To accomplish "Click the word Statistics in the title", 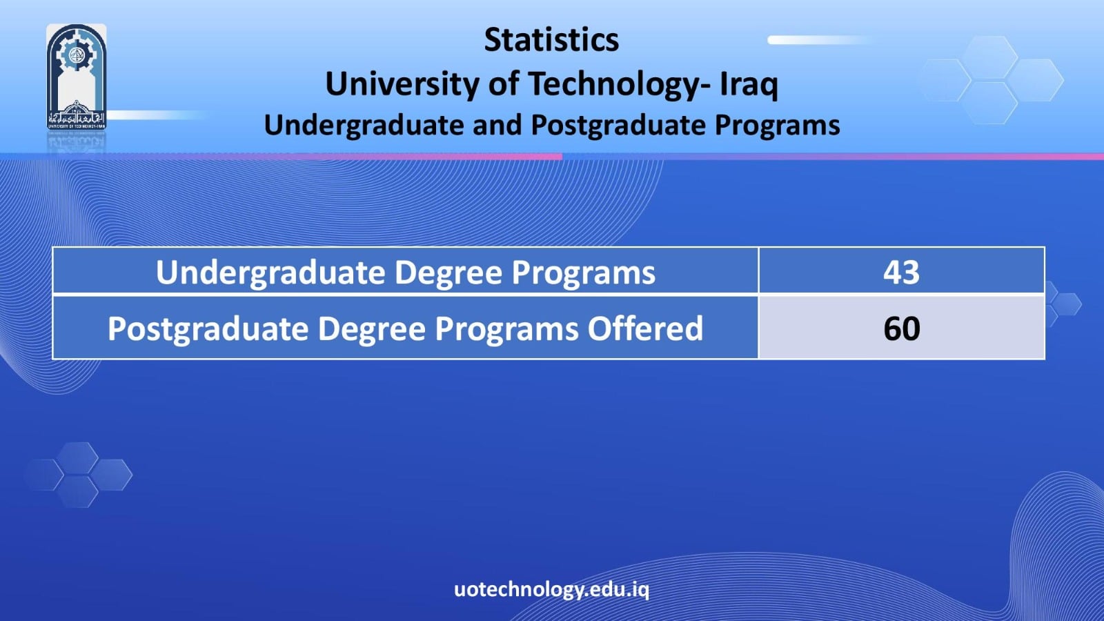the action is tap(551, 39).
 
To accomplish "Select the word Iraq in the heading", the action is tap(749, 83).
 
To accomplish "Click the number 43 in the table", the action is tap(901, 272).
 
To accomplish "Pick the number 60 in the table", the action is tap(901, 328).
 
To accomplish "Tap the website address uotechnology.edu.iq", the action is tap(551, 589).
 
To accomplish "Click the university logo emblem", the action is tap(77, 77).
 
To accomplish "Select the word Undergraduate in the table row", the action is tap(270, 272).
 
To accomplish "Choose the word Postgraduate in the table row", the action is tap(208, 328).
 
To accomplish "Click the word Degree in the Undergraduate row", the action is tap(448, 272).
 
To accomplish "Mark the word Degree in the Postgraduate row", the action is tap(371, 328).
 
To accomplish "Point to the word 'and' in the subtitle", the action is tap(497, 125).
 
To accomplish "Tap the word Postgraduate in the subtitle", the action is tap(618, 125).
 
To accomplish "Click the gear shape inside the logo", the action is tap(76, 53).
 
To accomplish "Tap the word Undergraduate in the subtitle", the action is tap(364, 125).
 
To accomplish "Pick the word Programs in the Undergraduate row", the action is tap(584, 272).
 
